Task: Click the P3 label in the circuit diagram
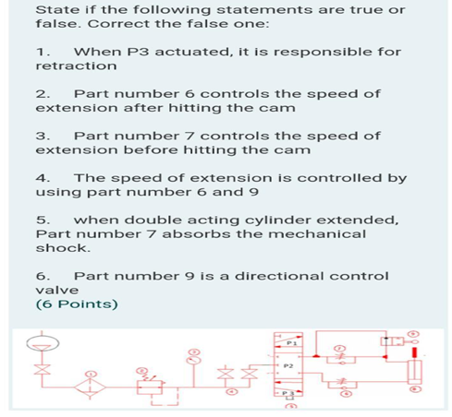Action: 288,392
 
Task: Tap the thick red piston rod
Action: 416,351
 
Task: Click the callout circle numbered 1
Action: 91,373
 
